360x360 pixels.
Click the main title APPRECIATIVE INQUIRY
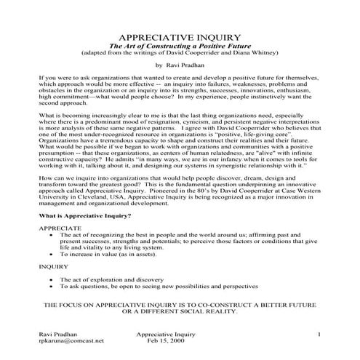coord(179,36)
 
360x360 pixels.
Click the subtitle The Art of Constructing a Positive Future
coord(179,45)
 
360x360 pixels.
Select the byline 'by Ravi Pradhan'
coord(180,65)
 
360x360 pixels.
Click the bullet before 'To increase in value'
coord(50,255)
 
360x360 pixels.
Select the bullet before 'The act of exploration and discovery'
coord(50,279)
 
